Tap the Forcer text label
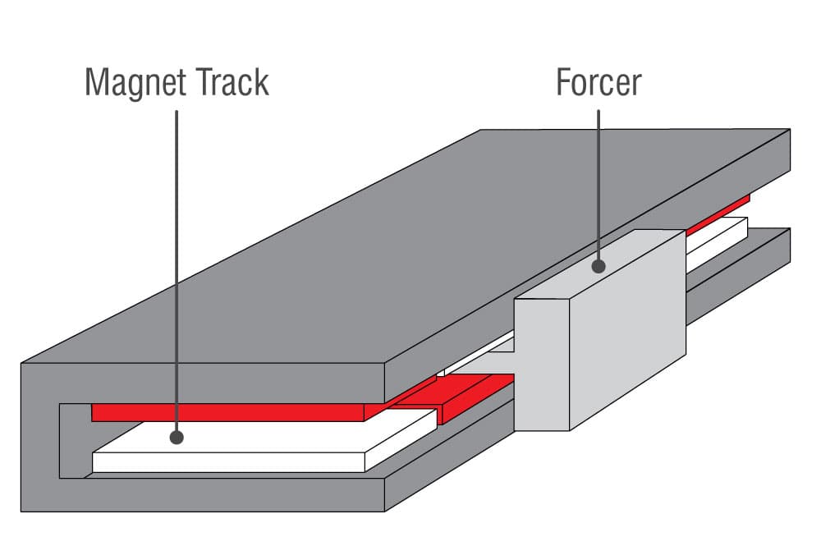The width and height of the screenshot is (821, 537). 599,83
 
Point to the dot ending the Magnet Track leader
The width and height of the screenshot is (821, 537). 177,438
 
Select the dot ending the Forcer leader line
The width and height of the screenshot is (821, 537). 599,266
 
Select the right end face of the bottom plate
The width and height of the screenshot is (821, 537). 778,255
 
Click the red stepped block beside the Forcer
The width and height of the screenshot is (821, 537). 472,394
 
